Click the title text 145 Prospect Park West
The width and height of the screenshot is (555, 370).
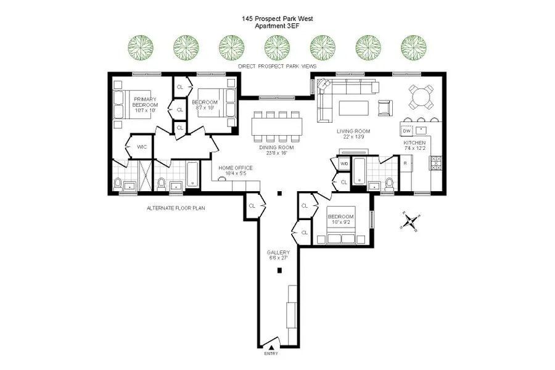coord(277,19)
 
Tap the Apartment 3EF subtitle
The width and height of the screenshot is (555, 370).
coord(277,27)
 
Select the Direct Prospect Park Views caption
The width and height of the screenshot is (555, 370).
coord(277,65)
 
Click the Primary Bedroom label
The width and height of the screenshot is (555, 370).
coord(144,102)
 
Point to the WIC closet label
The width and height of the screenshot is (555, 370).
coord(142,147)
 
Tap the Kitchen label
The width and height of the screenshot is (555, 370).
coord(414,146)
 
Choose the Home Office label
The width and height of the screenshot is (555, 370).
coord(236,171)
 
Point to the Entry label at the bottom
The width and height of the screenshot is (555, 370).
coord(271,353)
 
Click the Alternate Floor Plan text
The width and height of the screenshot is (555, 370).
coord(176,208)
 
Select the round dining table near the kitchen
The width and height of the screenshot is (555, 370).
coord(421,97)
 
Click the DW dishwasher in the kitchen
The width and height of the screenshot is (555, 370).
coord(407,131)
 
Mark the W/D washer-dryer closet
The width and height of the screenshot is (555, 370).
coord(343,164)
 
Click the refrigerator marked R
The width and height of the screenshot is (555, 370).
coord(405,163)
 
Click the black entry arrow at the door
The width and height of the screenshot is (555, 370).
coord(271,348)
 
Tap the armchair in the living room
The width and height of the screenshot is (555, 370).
coord(384,108)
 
